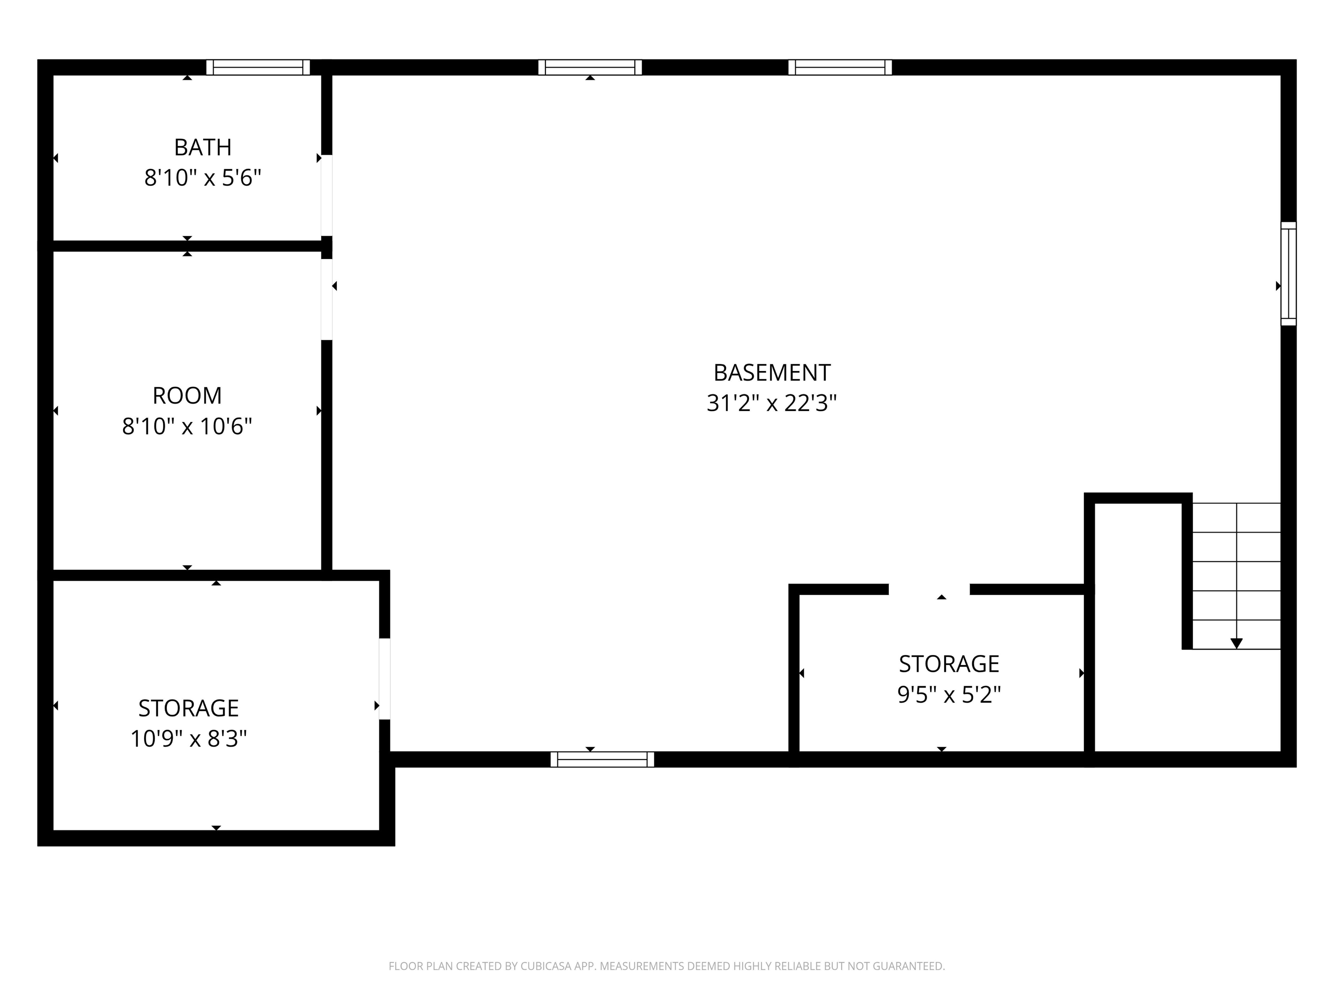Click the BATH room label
tap(203, 147)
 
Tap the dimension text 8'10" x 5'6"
tap(203, 178)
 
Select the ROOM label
tap(187, 395)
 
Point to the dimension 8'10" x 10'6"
tap(187, 427)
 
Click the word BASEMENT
tap(772, 372)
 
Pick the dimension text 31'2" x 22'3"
tap(772, 403)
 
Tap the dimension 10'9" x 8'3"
tap(189, 738)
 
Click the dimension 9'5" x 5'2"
tap(949, 695)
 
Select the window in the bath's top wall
tap(258, 67)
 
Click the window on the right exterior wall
tap(1288, 274)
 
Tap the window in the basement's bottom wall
tap(602, 760)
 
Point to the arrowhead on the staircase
tap(1236, 643)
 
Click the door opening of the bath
tap(326, 195)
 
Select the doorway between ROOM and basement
tap(326, 299)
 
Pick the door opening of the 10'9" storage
tap(384, 679)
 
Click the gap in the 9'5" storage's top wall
tap(929, 589)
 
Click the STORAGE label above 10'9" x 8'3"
tap(189, 707)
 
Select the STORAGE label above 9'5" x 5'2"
tap(949, 664)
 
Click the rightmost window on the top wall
tap(840, 67)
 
